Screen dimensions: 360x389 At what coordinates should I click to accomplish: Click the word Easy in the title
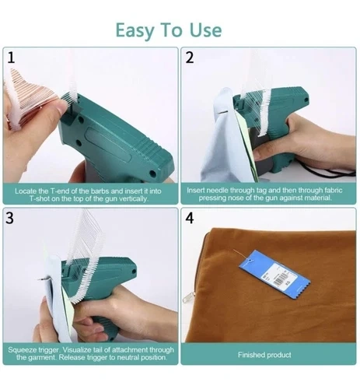135,31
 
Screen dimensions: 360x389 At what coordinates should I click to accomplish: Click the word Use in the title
206,30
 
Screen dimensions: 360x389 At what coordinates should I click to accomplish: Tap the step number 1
11,58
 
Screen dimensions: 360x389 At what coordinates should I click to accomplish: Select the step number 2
190,58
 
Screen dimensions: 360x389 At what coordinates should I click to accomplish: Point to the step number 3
9,218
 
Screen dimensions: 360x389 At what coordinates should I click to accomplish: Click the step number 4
190,218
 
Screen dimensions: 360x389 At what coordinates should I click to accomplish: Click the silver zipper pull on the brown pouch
188,297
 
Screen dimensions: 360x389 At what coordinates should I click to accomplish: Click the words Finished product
264,355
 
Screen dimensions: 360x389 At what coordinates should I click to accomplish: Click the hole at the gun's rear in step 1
152,173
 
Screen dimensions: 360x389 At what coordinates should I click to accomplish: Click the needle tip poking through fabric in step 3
41,279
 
